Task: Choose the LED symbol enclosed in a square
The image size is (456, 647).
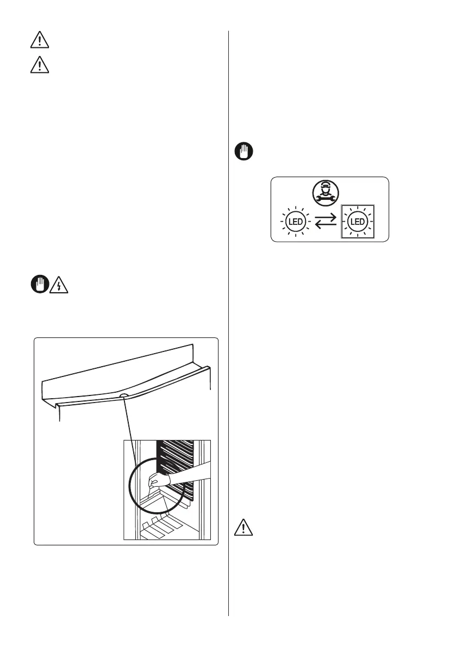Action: [x=357, y=222]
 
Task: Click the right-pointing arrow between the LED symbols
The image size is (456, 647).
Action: [x=326, y=218]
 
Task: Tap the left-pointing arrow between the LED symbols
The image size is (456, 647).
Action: [x=326, y=225]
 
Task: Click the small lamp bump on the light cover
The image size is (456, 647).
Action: [x=123, y=397]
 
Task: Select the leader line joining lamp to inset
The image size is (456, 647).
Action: [x=133, y=435]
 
